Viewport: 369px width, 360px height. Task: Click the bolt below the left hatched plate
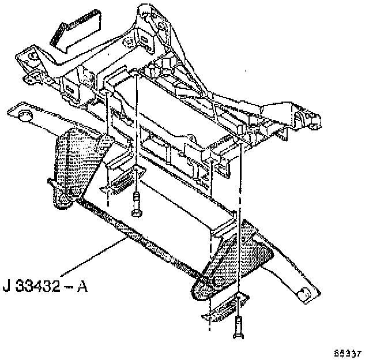[136, 205]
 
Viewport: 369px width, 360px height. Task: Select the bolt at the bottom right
[238, 329]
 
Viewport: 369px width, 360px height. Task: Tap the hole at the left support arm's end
[25, 117]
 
